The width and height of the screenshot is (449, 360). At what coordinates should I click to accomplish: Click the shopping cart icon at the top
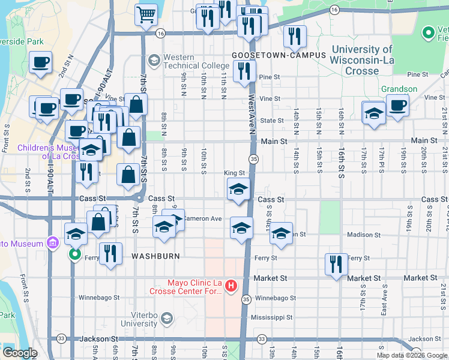point(146,15)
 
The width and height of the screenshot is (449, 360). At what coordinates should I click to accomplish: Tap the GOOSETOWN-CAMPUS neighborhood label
point(279,55)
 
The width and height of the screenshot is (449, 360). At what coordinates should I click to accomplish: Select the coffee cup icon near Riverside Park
point(40,62)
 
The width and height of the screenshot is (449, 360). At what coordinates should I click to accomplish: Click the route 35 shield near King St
point(254,159)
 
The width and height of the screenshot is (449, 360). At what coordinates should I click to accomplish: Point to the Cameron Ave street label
point(202,218)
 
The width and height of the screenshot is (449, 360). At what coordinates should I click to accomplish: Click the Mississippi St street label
point(271,317)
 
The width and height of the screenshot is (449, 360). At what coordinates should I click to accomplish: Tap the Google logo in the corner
point(20,353)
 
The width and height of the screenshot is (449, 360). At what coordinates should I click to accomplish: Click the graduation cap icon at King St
point(238,189)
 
